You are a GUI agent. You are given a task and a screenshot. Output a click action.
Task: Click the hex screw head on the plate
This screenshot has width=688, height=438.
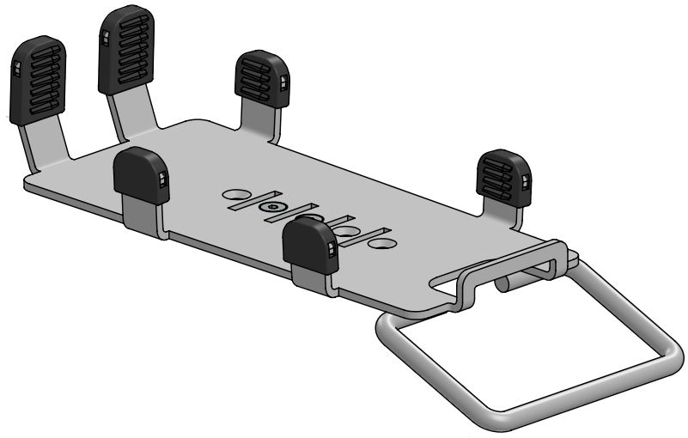271,207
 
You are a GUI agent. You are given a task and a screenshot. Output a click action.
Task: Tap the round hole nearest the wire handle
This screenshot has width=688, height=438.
386,244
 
